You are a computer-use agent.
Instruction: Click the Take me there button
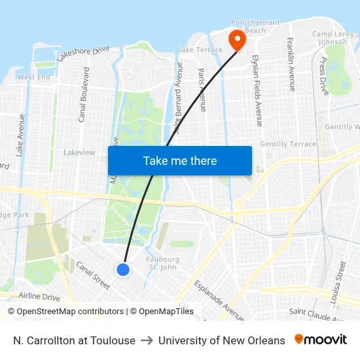click(x=180, y=160)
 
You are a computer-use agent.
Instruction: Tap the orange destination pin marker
click(x=236, y=41)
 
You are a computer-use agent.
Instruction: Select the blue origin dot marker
click(x=123, y=269)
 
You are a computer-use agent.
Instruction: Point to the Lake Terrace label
click(x=200, y=50)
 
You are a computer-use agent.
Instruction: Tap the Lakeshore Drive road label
click(x=83, y=54)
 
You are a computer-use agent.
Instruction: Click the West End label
click(x=33, y=77)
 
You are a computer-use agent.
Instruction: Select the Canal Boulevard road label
click(x=83, y=104)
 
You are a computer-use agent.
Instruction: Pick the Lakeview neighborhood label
click(x=79, y=153)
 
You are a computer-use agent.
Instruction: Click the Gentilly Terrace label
click(x=288, y=144)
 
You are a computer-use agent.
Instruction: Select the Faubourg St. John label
click(x=164, y=263)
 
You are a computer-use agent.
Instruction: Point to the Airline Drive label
click(x=39, y=297)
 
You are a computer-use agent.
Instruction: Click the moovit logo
click(x=321, y=340)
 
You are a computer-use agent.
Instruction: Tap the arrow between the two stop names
click(x=147, y=340)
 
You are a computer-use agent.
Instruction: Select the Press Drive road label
click(x=323, y=76)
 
